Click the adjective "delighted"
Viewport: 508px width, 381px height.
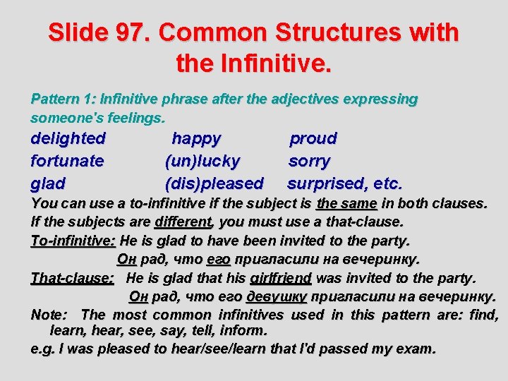68,138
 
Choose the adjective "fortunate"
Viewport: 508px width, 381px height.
67,161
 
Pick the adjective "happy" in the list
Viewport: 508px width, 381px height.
196,138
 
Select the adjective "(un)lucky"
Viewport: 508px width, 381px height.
202,161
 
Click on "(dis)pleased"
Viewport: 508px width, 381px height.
214,183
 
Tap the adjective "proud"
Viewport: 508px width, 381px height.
313,138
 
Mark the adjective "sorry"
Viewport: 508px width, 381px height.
309,161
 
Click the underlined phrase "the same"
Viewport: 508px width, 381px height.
346,204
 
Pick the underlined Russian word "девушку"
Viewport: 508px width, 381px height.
277,296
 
